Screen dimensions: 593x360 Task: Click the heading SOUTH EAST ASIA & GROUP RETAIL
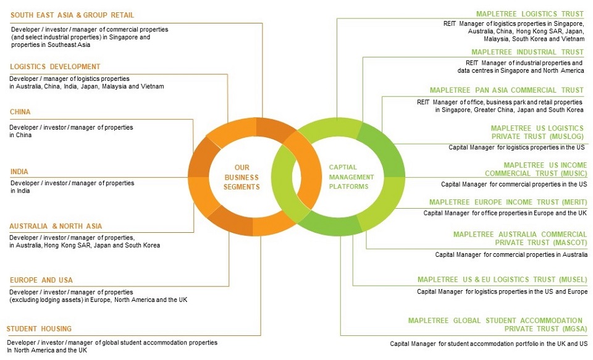click(72, 15)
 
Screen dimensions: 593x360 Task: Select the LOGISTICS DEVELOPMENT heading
click(55, 67)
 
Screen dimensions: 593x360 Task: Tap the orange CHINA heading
click(20, 112)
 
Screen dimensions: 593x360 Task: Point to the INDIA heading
click(19, 172)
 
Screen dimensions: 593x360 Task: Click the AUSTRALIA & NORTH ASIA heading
click(56, 226)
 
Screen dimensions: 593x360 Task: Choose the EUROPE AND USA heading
click(41, 280)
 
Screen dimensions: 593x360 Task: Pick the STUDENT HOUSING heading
click(39, 329)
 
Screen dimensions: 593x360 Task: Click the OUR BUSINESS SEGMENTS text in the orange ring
click(242, 177)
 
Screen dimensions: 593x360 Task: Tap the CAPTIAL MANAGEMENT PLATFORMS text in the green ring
click(351, 177)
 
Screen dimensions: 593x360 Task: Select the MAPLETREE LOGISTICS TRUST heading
click(530, 14)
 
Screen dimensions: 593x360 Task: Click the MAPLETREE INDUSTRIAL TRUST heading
click(528, 52)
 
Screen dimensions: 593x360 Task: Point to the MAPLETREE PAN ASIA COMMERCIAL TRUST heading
click(507, 90)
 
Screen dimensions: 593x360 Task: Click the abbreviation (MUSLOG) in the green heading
click(565, 136)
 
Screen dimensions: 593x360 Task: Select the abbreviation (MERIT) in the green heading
click(573, 203)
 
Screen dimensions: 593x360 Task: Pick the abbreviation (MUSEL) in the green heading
click(573, 280)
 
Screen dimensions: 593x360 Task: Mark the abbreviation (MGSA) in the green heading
click(574, 329)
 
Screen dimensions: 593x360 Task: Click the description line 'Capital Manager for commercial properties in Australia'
click(511, 255)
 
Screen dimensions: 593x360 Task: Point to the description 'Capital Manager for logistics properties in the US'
click(516, 148)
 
